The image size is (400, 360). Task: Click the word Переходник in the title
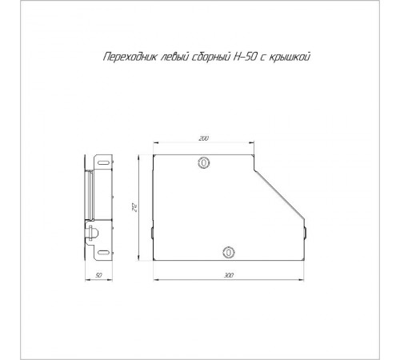click(x=130, y=57)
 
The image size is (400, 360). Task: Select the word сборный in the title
click(x=210, y=58)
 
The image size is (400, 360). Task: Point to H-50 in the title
click(x=244, y=57)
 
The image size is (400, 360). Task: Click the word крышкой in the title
click(x=290, y=57)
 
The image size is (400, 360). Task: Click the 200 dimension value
click(x=203, y=138)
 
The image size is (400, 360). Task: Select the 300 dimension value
click(x=229, y=275)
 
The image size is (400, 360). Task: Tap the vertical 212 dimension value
click(x=135, y=208)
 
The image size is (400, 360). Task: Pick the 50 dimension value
click(x=98, y=275)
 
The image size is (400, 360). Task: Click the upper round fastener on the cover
click(x=204, y=162)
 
